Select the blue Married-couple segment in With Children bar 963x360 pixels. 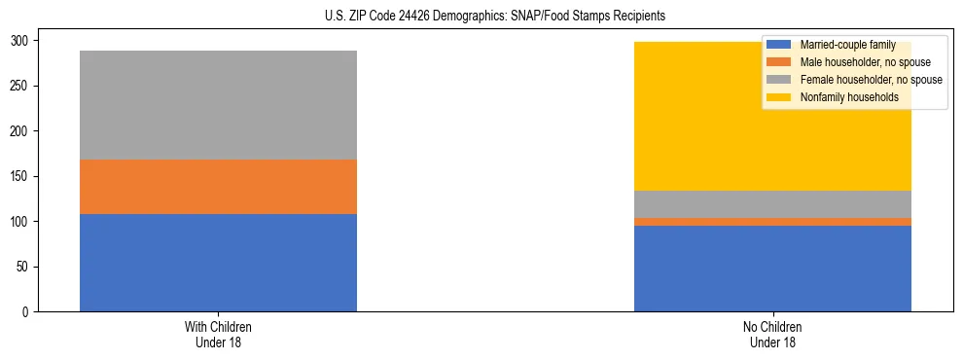coord(218,263)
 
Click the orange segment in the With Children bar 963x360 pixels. coord(218,187)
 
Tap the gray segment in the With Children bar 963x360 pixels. coord(218,105)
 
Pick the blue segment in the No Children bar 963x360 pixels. coord(772,269)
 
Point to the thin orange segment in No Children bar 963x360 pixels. coord(772,222)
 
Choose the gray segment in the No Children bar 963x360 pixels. coord(772,204)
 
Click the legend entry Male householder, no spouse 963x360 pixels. coord(854,62)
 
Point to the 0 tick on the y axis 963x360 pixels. coord(27,312)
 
